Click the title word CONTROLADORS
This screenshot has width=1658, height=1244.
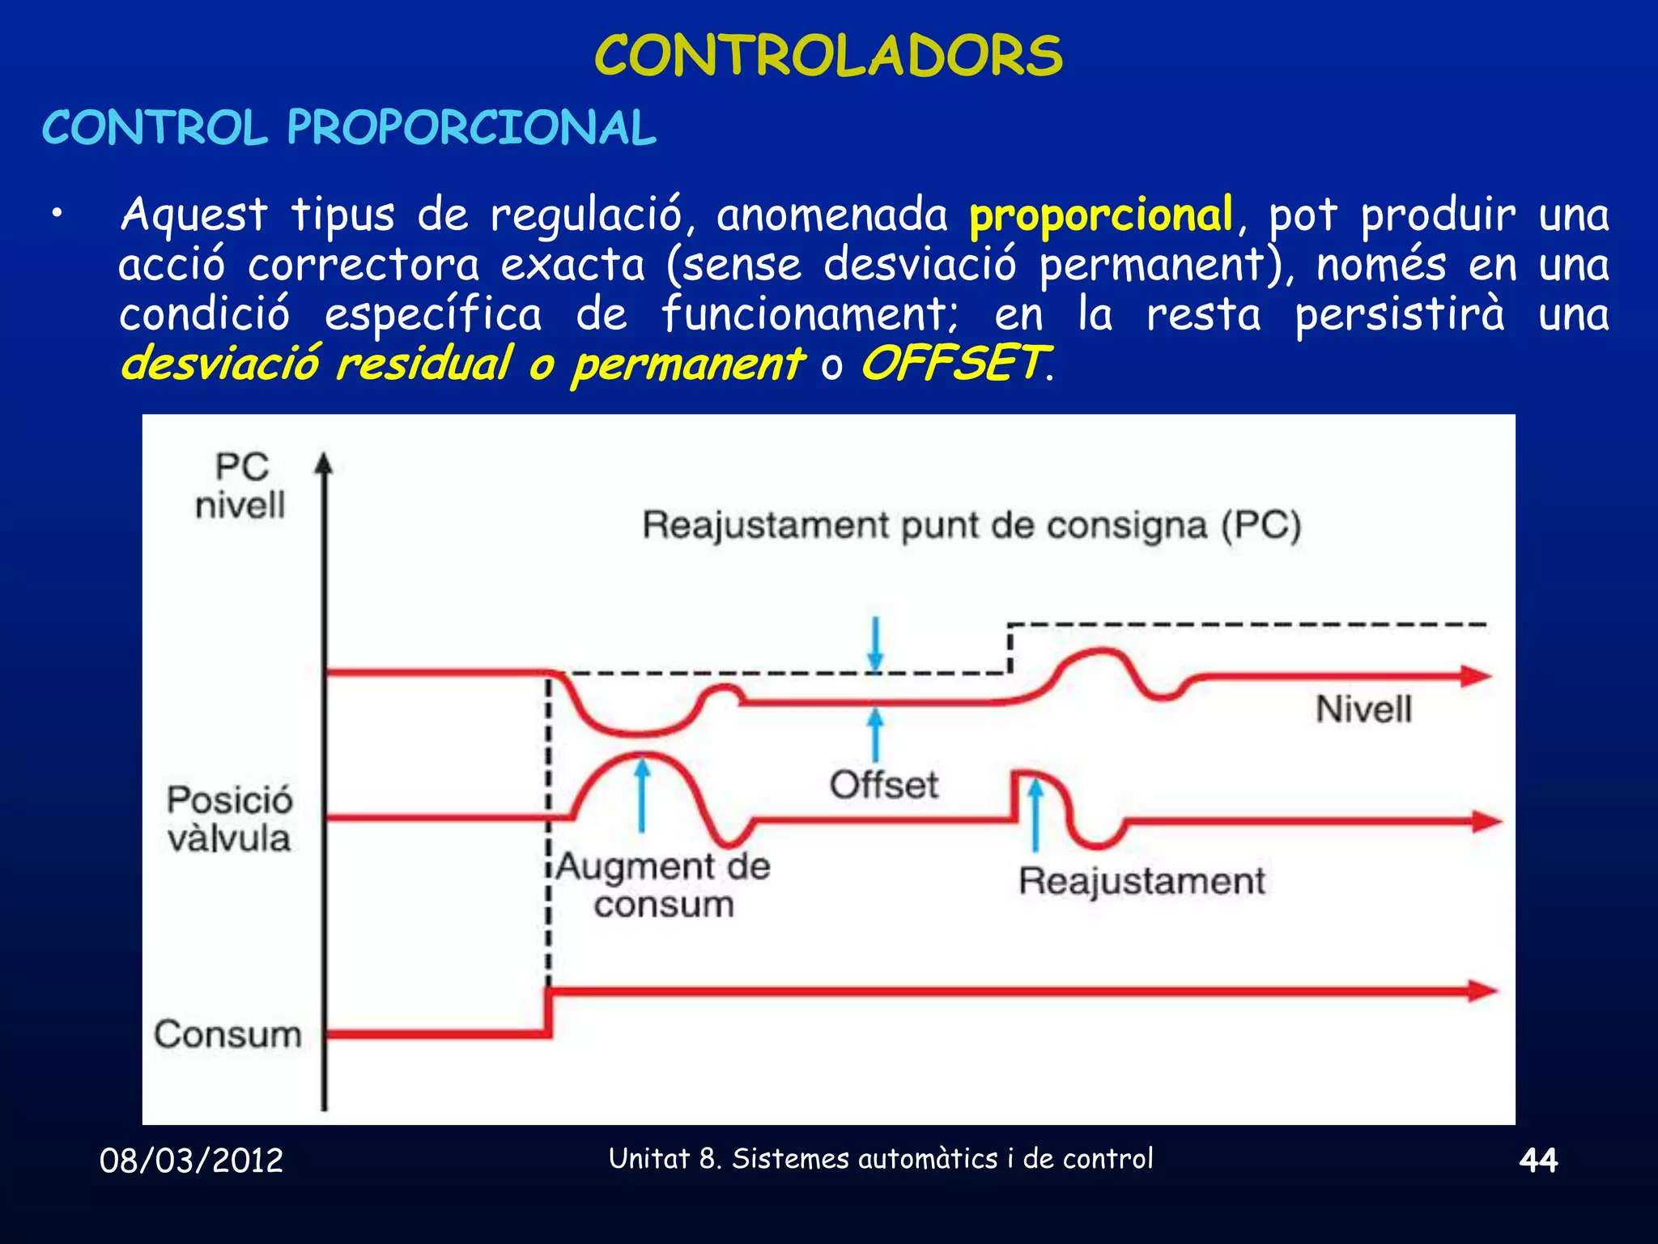[828, 56]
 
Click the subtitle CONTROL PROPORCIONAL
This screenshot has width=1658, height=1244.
[349, 128]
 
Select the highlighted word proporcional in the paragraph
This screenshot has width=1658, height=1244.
[1101, 215]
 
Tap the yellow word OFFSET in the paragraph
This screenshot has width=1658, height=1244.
[954, 363]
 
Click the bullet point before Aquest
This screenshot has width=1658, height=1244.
[56, 214]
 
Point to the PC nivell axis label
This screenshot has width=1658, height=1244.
[240, 486]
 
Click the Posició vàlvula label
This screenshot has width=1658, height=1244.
[229, 818]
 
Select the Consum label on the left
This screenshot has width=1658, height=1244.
[227, 1034]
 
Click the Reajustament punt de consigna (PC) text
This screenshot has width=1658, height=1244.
[971, 525]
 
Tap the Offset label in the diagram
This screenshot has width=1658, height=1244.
[884, 784]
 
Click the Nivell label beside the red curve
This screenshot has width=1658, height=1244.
[1363, 709]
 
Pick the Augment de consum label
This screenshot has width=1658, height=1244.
[664, 884]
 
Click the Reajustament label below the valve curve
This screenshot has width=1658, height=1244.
[1141, 880]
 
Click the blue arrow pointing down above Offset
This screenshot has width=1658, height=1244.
[875, 644]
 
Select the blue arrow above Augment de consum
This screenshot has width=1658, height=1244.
[642, 794]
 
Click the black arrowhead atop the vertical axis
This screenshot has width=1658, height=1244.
[324, 463]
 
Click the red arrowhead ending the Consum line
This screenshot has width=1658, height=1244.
[1483, 991]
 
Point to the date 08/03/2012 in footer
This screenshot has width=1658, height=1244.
[191, 1161]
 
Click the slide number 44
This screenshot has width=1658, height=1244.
[1538, 1161]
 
